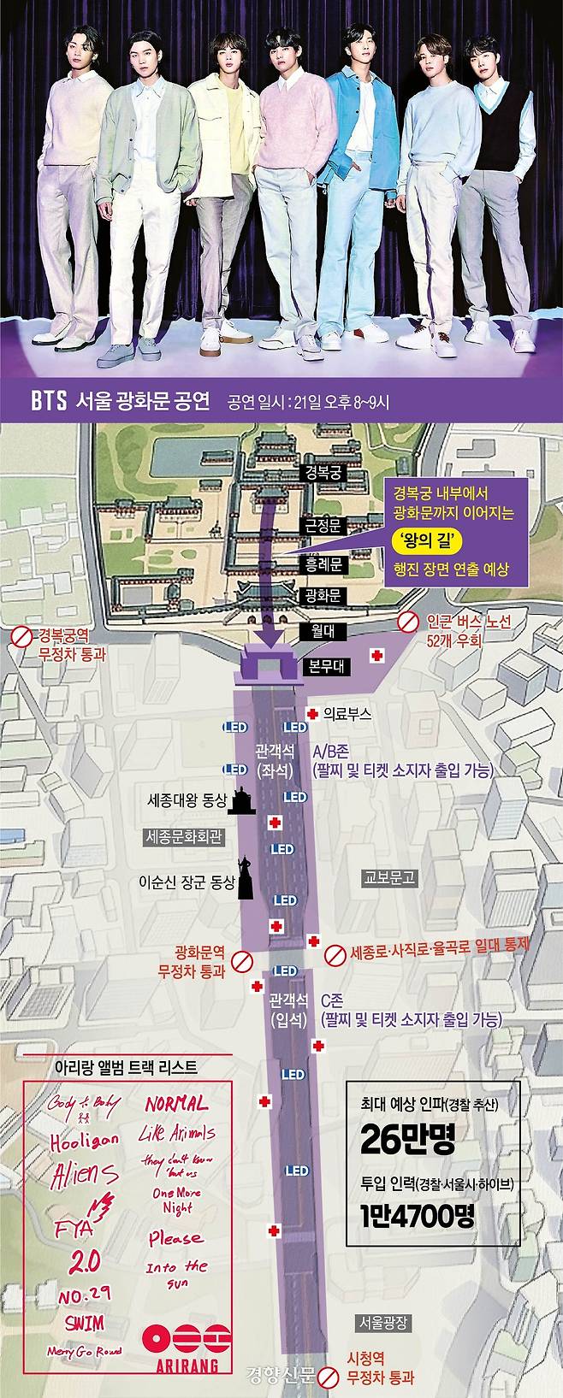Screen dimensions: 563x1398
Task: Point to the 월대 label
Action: [x=323, y=631]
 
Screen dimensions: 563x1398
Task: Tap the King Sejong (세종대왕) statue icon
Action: [x=244, y=803]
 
